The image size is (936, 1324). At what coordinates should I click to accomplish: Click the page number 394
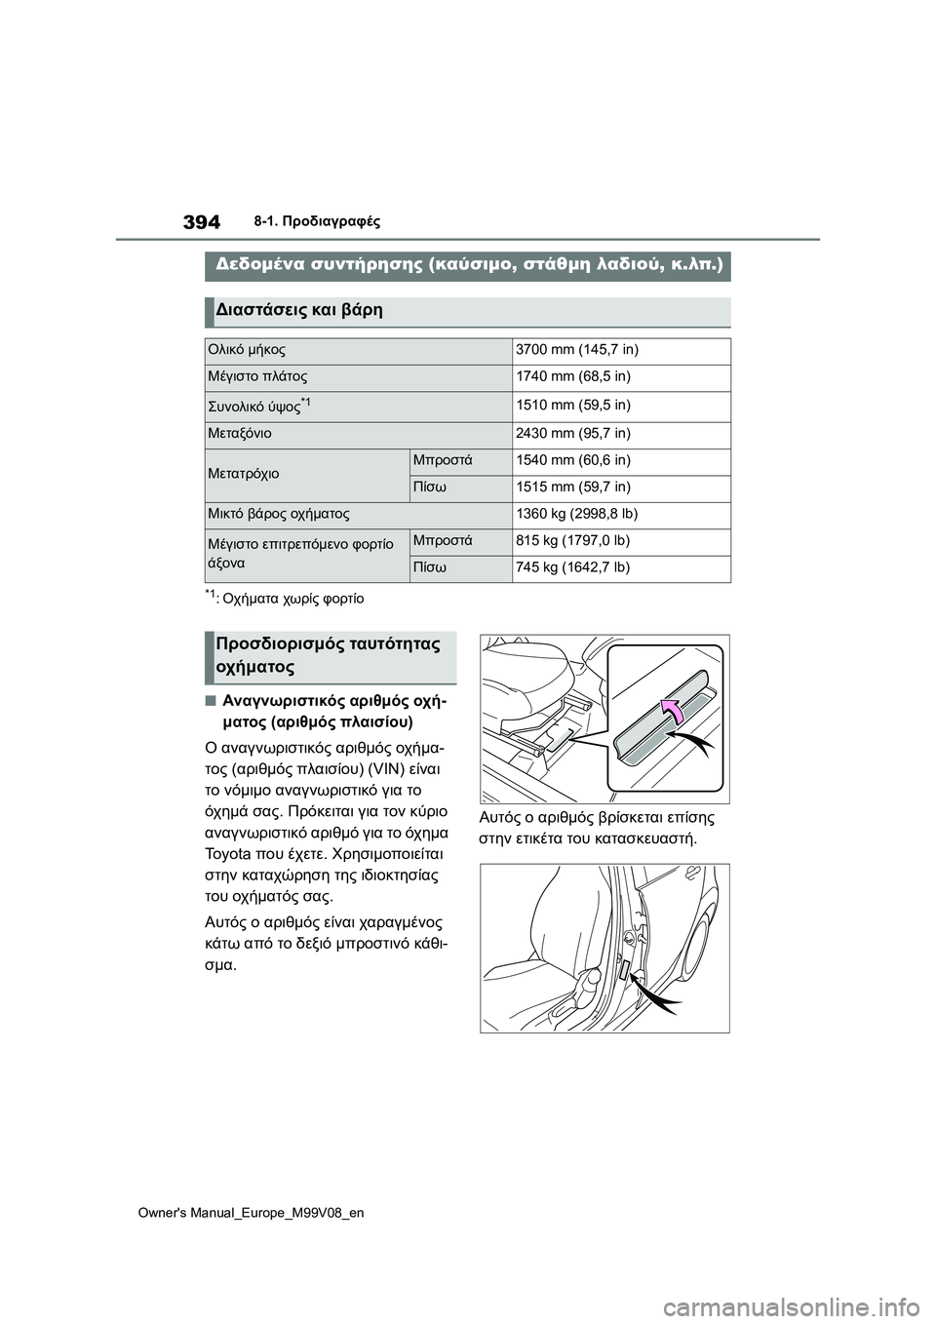click(202, 221)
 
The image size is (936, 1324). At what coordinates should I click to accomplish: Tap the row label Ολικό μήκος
click(247, 350)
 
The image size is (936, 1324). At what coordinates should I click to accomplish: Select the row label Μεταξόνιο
click(240, 433)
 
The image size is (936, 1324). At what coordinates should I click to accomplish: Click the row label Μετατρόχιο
click(244, 474)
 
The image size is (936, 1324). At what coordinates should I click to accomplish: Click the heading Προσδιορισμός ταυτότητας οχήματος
click(328, 655)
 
